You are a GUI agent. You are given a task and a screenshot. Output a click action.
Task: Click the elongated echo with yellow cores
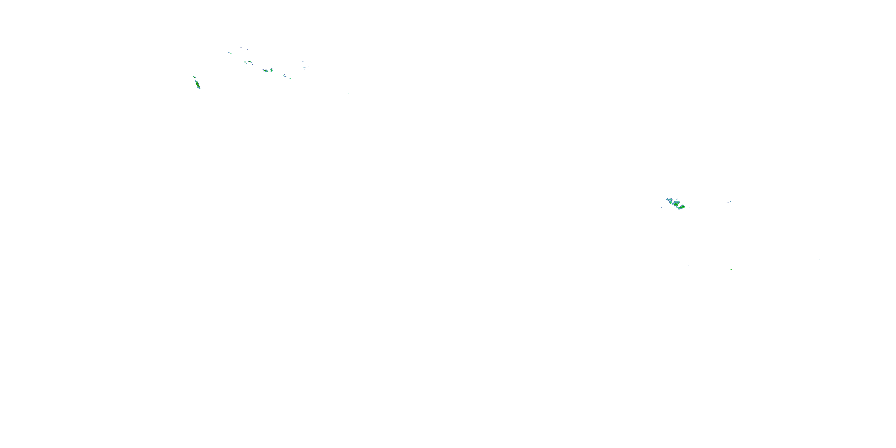197,85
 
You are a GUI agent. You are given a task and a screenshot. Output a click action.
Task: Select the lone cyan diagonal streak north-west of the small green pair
230,53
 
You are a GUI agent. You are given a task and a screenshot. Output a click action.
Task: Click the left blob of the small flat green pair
246,62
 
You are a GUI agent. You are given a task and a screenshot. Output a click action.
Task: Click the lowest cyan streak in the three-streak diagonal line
290,79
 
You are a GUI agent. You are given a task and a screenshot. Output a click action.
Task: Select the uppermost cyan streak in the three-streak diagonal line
284,75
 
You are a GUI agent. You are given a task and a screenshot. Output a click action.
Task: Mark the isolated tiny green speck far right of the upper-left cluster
349,93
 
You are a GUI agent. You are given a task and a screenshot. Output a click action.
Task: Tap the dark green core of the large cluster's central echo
676,204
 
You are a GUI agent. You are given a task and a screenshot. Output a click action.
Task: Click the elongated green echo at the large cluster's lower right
682,207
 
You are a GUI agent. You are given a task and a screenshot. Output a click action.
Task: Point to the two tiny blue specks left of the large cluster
661,208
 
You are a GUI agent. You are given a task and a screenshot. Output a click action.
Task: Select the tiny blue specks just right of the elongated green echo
689,207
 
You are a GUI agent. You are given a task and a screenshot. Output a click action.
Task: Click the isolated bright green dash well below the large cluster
731,270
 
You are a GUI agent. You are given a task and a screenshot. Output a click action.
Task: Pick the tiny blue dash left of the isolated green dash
688,266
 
